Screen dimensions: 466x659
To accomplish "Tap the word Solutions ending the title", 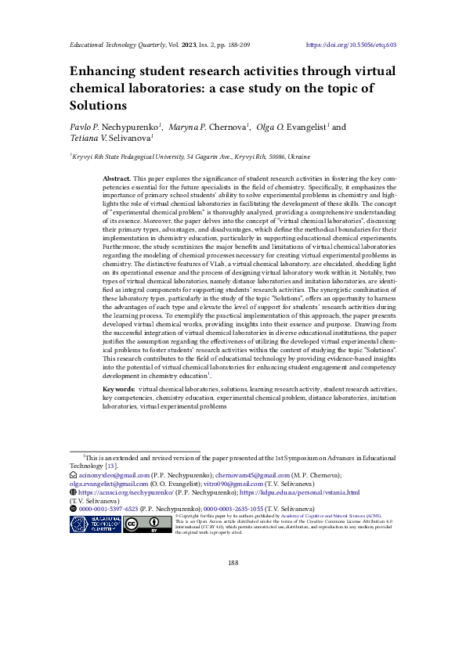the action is (98, 105).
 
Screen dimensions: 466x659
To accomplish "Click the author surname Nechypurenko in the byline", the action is (130, 126).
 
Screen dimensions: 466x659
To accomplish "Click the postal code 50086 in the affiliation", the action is (284, 157).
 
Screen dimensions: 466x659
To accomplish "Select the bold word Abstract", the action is (117, 179).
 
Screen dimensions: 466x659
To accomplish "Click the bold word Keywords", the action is (118, 388).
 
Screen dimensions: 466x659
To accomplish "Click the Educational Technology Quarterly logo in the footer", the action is (96, 525).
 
